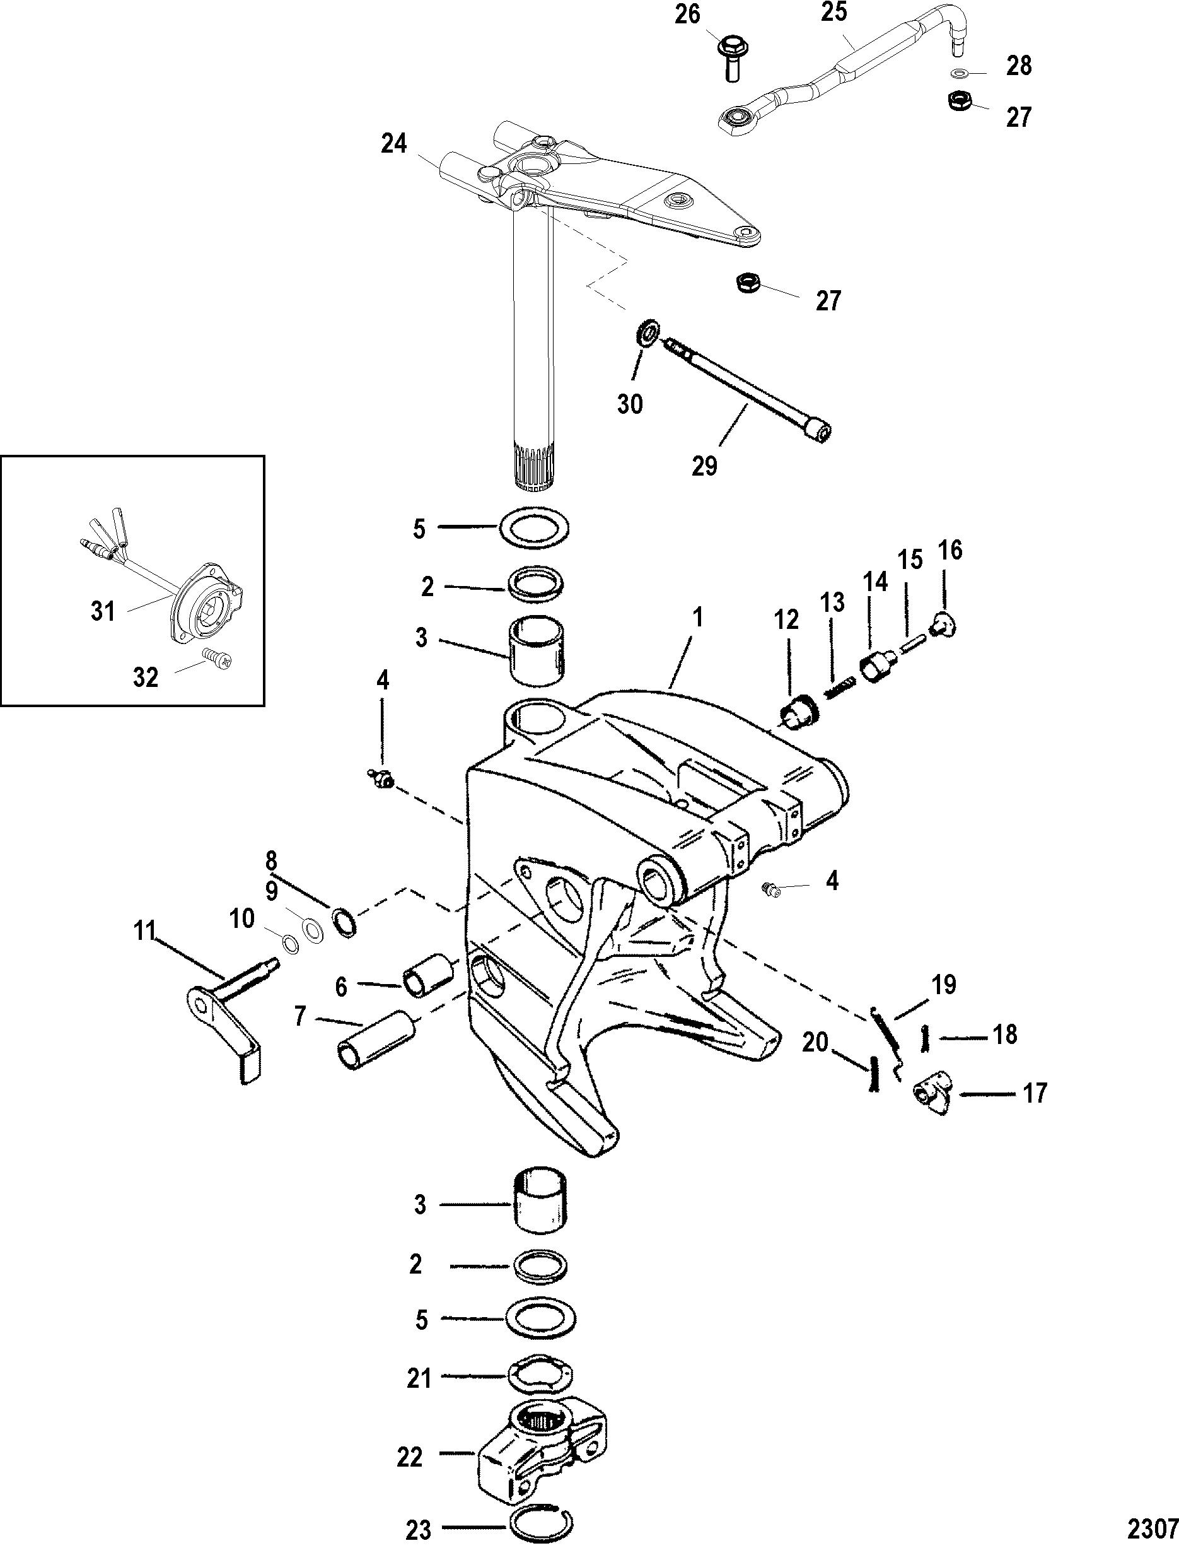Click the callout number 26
688,15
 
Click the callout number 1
696,618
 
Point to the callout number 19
944,986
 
